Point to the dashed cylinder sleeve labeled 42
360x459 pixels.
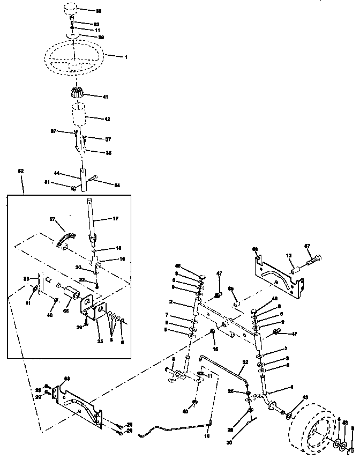(x=79, y=116)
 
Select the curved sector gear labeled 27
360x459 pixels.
(x=65, y=234)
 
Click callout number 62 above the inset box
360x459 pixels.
(x=20, y=171)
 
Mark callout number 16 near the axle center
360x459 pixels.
(x=216, y=349)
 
